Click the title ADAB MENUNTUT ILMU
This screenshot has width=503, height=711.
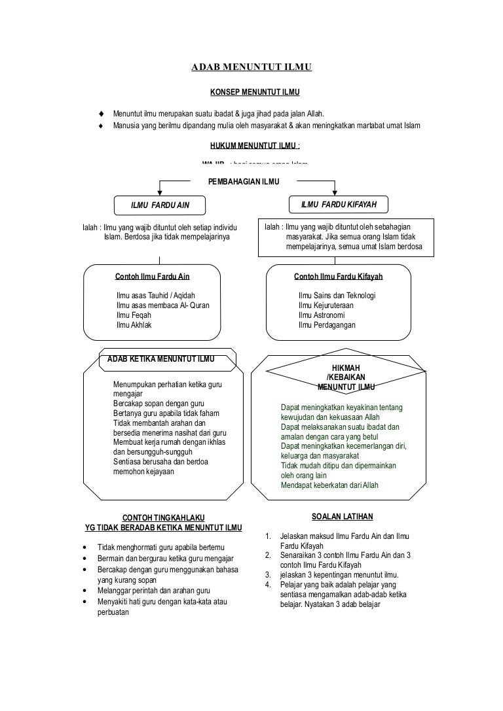(251, 67)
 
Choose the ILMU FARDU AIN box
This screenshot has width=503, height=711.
(160, 205)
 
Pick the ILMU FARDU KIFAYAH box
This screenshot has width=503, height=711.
(338, 205)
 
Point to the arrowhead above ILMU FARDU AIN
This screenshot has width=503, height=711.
(160, 191)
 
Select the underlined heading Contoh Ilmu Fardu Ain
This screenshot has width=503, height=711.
(152, 277)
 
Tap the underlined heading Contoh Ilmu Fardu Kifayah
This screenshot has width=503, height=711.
(338, 277)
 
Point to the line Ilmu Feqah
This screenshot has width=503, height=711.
(134, 315)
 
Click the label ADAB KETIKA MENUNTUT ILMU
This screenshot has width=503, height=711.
(160, 358)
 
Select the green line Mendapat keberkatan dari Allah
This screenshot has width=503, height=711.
(329, 485)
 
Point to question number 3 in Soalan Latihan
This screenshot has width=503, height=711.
(268, 575)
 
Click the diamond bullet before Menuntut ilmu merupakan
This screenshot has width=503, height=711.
(101, 113)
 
